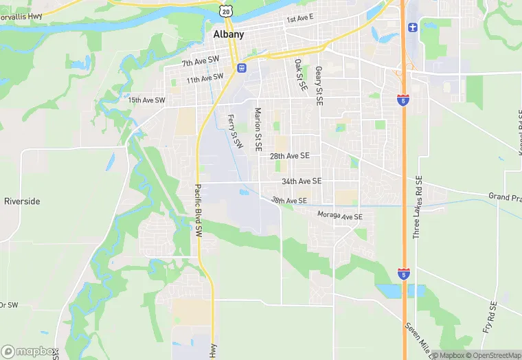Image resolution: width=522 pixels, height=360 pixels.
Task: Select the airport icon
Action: point(413,27)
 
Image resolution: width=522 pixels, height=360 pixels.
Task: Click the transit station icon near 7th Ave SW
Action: point(242,67)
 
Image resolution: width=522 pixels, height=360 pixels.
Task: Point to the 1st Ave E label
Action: point(299,19)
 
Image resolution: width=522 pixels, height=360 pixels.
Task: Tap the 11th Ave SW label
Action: point(205,78)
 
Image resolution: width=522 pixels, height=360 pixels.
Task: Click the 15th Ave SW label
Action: point(147,100)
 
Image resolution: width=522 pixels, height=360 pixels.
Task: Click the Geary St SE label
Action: point(319,85)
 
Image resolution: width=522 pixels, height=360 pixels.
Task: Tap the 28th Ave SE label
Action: point(289,156)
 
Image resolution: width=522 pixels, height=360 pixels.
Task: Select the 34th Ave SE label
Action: point(301,181)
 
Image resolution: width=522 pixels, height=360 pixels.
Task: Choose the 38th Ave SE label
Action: point(288,201)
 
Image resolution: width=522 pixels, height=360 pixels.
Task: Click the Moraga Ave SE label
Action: point(339,216)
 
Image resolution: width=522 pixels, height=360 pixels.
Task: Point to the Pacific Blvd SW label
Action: point(198,212)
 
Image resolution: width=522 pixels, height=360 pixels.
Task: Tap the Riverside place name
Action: point(22,201)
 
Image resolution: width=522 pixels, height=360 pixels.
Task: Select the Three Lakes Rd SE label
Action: point(417,205)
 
